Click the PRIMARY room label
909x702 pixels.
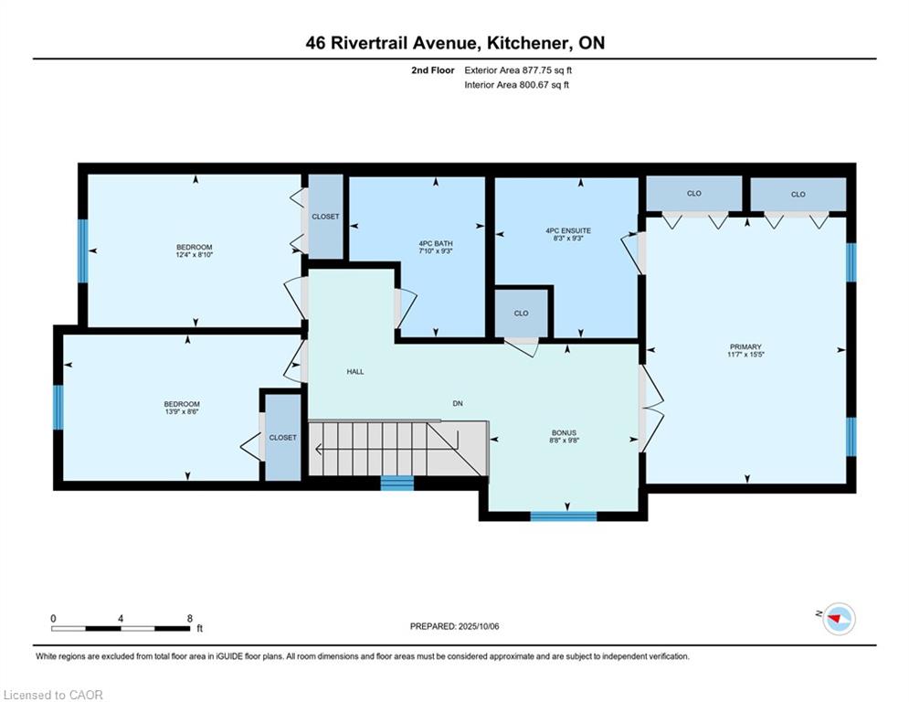click(x=745, y=347)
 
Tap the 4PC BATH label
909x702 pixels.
click(x=436, y=244)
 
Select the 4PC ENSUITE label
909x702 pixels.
click(x=568, y=230)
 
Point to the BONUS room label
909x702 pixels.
click(x=564, y=432)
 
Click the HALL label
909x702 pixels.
click(x=355, y=371)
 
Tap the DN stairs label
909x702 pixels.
click(x=458, y=403)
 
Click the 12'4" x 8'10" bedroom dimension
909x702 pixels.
click(x=195, y=255)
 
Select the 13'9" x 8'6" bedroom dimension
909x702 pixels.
click(x=182, y=411)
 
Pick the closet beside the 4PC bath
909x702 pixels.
click(x=325, y=217)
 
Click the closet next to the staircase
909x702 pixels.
click(x=283, y=438)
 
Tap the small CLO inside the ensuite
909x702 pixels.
click(x=521, y=314)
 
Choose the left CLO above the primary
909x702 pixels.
click(x=694, y=193)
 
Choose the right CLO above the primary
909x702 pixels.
click(x=798, y=194)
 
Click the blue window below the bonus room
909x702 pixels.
click(x=564, y=516)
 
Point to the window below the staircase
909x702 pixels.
click(x=397, y=483)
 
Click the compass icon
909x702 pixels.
click(x=839, y=619)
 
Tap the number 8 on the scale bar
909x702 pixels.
click(x=190, y=619)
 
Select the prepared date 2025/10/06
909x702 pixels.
click(x=479, y=626)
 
